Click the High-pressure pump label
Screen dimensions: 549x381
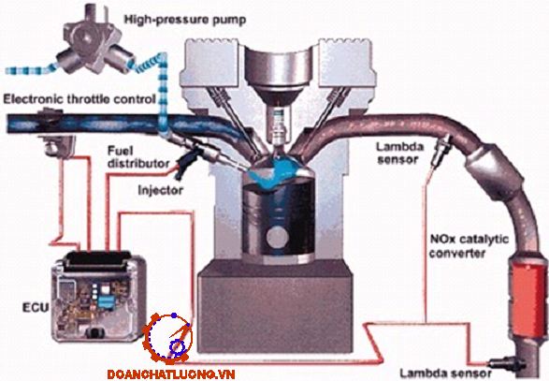tap(185, 20)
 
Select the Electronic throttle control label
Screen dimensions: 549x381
tap(79, 99)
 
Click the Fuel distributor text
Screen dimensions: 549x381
tap(137, 157)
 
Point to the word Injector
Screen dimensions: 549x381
tap(160, 190)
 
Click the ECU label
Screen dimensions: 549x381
tap(36, 307)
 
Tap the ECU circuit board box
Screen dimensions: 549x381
tap(98, 296)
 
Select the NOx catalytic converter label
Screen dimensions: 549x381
tap(469, 246)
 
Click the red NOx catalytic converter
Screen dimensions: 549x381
tap(528, 298)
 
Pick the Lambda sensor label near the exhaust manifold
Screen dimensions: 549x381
tap(399, 154)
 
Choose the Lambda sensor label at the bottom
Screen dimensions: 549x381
tap(445, 373)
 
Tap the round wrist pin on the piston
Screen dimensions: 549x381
tap(277, 237)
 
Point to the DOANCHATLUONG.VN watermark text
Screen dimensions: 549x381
tap(170, 374)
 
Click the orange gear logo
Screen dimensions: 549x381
tap(167, 339)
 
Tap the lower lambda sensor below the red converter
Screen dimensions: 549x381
tap(507, 363)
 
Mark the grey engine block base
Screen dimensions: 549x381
tap(275, 308)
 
